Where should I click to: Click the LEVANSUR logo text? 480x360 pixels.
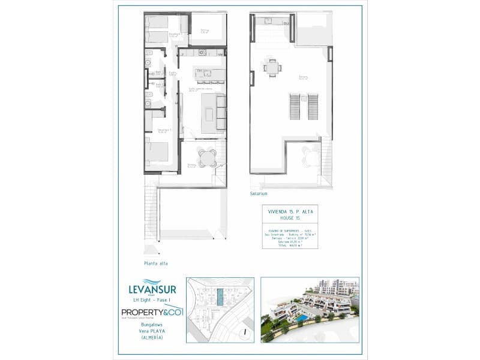(x=152, y=290)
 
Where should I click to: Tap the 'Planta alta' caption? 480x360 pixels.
(x=155, y=263)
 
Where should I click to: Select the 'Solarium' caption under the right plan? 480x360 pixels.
(x=259, y=194)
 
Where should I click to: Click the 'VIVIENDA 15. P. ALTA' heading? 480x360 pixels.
(x=290, y=212)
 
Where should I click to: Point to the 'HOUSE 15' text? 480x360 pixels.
(x=290, y=219)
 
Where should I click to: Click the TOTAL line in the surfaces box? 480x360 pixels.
(x=290, y=245)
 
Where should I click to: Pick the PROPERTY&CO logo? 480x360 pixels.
(x=151, y=313)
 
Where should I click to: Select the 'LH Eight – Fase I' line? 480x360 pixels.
(x=152, y=300)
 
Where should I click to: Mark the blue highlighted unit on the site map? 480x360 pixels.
(x=220, y=297)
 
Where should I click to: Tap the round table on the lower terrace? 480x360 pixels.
(x=207, y=157)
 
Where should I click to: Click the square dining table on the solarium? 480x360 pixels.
(x=273, y=68)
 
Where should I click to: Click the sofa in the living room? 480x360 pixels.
(x=221, y=114)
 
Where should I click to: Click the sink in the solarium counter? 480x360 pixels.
(x=267, y=22)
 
